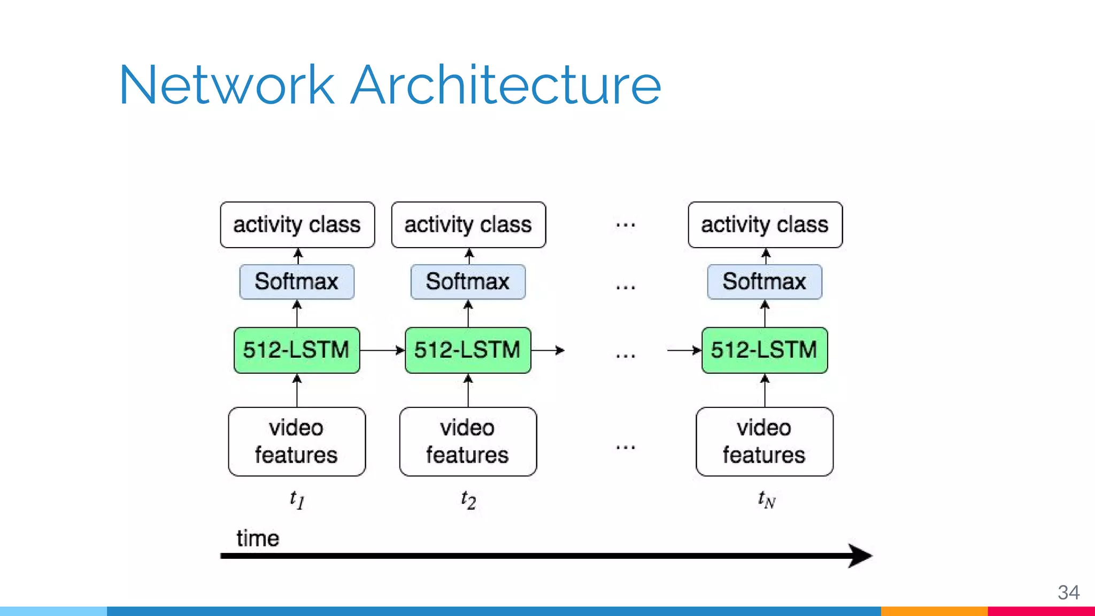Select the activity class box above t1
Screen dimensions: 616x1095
[297, 225]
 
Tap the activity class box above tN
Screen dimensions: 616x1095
[765, 225]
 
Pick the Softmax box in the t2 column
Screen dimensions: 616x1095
[468, 282]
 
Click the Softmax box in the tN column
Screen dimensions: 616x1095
[765, 282]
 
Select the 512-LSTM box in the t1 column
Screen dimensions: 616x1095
[297, 350]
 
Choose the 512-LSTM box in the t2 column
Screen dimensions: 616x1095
[468, 350]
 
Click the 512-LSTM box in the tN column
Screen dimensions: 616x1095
[765, 350]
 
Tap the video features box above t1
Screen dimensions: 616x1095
[297, 442]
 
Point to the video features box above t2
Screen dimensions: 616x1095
[468, 442]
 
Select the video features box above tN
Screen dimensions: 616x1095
[765, 442]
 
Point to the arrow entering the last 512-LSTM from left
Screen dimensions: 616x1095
[684, 350]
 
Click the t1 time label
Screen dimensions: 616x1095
[297, 500]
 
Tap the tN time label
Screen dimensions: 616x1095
[766, 500]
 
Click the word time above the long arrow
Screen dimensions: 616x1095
[258, 538]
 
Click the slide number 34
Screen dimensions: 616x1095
[1068, 592]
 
